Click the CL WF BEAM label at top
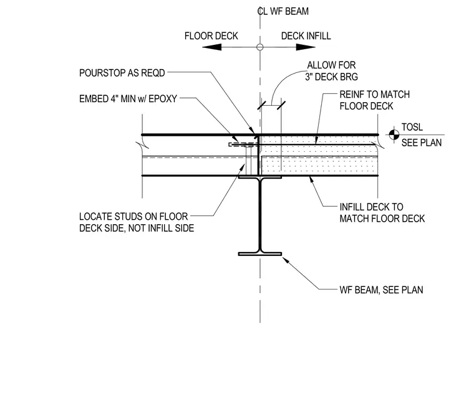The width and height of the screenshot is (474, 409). pyautogui.click(x=283, y=11)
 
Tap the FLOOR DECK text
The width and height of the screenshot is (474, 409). pyautogui.click(x=211, y=36)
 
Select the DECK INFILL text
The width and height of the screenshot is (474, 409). pyautogui.click(x=306, y=36)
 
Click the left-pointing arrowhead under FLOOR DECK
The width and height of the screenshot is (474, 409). pyautogui.click(x=211, y=47)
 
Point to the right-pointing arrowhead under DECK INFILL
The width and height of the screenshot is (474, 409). pyautogui.click(x=306, y=47)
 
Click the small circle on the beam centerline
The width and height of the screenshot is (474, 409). pyautogui.click(x=259, y=47)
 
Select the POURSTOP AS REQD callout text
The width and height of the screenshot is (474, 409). pyautogui.click(x=122, y=73)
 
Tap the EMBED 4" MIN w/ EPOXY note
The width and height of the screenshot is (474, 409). pyautogui.click(x=128, y=99)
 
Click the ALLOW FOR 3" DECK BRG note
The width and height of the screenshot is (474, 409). pyautogui.click(x=331, y=71)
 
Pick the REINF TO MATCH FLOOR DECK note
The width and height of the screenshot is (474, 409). pyautogui.click(x=375, y=100)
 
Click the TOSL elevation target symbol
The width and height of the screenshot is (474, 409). pyautogui.click(x=394, y=134)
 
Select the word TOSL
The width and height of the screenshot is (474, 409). pyautogui.click(x=412, y=127)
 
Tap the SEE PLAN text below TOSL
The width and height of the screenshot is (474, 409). pyautogui.click(x=422, y=143)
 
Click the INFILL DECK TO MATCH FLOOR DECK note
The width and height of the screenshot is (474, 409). pyautogui.click(x=382, y=213)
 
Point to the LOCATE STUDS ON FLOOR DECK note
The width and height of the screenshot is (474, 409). pyautogui.click(x=137, y=222)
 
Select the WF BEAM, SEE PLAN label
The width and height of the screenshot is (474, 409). pyautogui.click(x=381, y=290)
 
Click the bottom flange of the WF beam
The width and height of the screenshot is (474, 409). pyautogui.click(x=260, y=254)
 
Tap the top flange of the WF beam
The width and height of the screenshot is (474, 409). pyautogui.click(x=260, y=177)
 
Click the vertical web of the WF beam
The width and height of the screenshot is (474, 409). pyautogui.click(x=259, y=215)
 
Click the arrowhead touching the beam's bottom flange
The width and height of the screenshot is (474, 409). pyautogui.click(x=286, y=260)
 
